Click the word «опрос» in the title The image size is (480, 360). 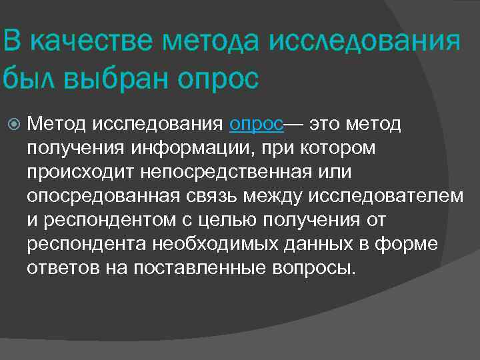(x=219, y=79)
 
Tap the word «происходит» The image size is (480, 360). (x=81, y=172)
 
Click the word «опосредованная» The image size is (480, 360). (x=103, y=196)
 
